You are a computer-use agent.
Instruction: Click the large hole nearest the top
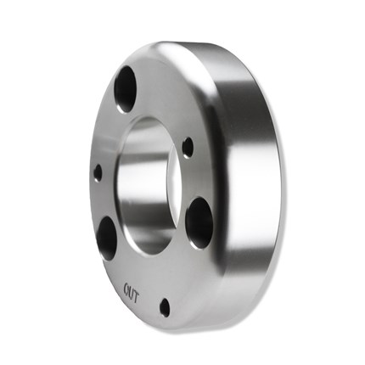coord(126,89)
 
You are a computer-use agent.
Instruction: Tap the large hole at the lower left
coord(107,239)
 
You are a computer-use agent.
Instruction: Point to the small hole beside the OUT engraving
coord(165,307)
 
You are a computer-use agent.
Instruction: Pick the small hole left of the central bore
coord(98,173)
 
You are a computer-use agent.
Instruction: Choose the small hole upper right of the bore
coord(188,147)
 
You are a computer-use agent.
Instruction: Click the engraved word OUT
coord(131,293)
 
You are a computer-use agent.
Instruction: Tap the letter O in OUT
coord(126,289)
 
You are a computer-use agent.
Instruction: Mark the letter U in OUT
coord(131,293)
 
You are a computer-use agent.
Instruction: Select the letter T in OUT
coord(136,296)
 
